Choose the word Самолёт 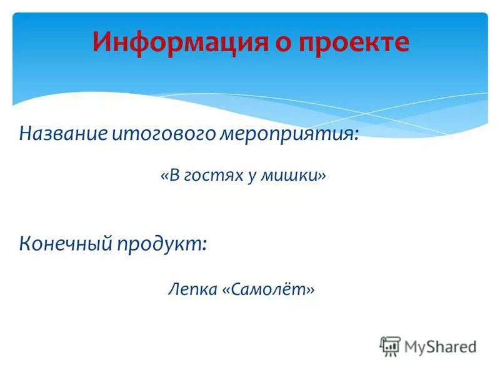(x=268, y=290)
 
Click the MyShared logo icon (x=389, y=346)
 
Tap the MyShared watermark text (x=440, y=346)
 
